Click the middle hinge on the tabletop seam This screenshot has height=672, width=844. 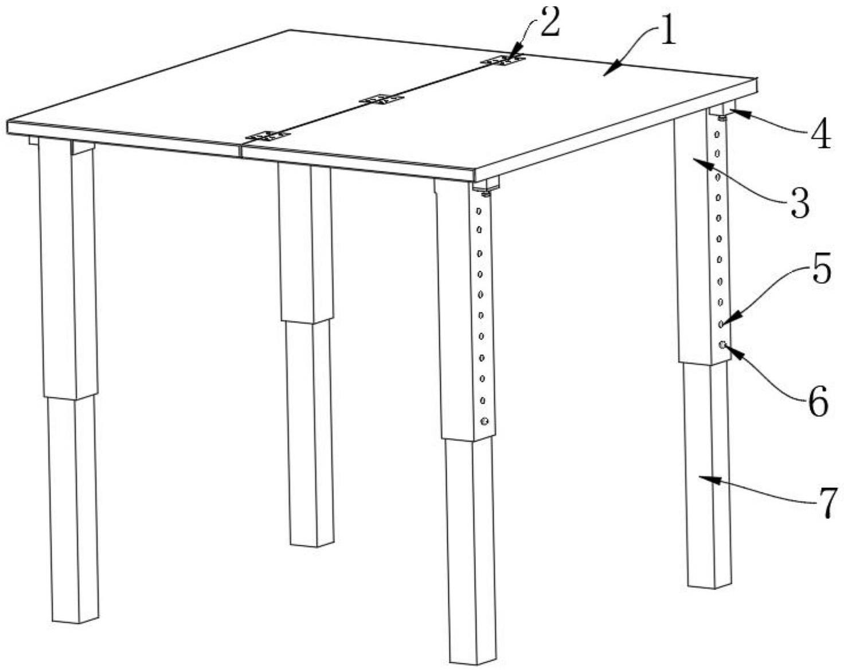click(382, 99)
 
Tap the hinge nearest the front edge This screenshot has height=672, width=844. click(268, 136)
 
